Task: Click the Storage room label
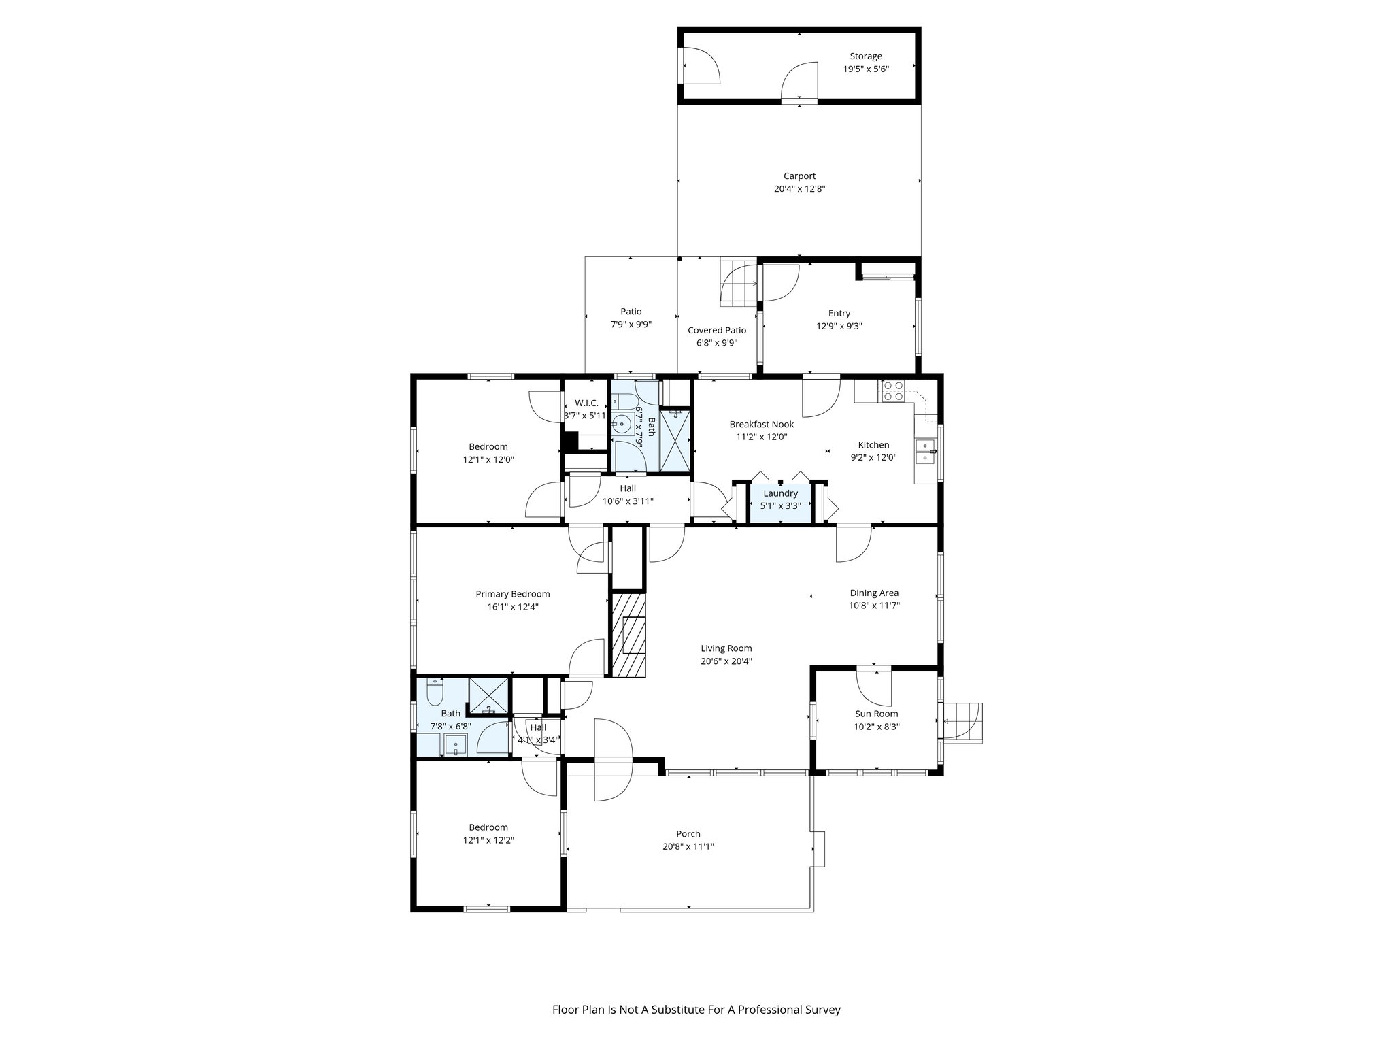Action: click(865, 56)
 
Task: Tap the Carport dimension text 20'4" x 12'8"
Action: click(799, 189)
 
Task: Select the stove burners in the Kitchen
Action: click(892, 391)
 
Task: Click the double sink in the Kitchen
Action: click(924, 452)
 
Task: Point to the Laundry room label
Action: click(780, 493)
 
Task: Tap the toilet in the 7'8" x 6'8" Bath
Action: click(435, 693)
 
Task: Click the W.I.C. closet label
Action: click(586, 403)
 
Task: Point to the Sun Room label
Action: click(876, 714)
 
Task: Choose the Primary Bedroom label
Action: click(512, 594)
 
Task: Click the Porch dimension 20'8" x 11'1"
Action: click(688, 847)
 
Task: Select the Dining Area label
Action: click(873, 593)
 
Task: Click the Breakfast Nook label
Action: click(761, 424)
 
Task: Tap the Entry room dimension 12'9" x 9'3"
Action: click(839, 326)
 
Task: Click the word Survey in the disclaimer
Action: click(824, 1010)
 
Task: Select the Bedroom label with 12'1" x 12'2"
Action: click(488, 827)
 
